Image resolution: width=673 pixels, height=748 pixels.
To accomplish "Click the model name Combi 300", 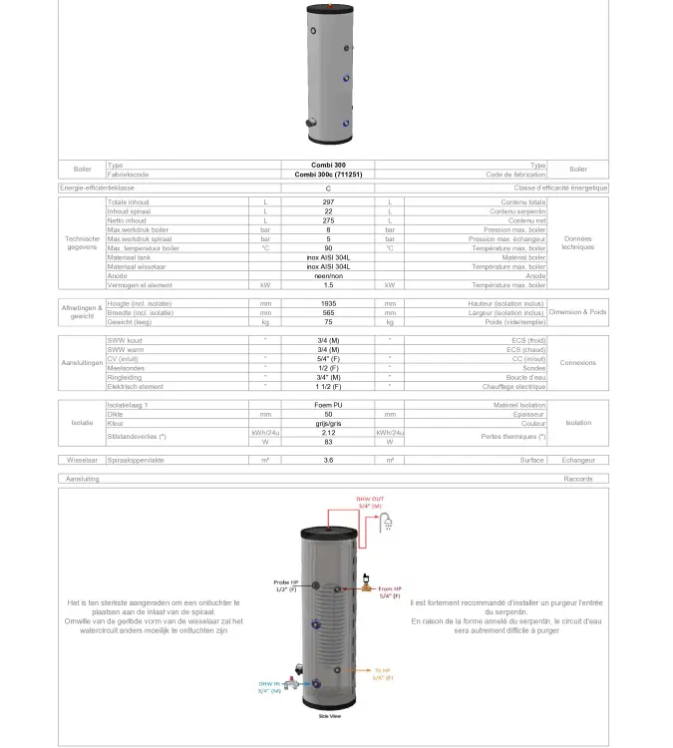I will tap(328, 166).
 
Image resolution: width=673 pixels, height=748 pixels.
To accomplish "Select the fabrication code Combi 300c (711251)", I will tap(328, 175).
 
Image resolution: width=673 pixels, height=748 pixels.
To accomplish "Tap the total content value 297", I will tap(328, 202).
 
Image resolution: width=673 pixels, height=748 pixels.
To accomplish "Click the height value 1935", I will tap(328, 303).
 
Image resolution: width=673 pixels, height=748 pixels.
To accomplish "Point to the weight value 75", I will tap(328, 322).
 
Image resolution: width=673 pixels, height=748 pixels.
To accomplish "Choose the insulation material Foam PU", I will tap(328, 405).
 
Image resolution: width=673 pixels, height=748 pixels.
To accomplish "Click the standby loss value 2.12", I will tap(328, 433).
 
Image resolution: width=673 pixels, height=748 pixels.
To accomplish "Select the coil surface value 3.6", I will tap(328, 460).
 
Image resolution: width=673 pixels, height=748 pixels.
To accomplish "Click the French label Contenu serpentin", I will tap(517, 211).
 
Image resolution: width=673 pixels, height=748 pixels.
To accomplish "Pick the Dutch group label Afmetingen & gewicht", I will tap(82, 312).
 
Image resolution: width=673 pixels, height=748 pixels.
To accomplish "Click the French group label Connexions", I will tap(577, 363).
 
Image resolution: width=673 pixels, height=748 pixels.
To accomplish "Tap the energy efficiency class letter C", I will tap(328, 187).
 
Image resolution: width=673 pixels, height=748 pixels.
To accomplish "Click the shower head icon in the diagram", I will tap(396, 520).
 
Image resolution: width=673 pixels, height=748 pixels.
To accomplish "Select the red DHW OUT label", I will tap(369, 502).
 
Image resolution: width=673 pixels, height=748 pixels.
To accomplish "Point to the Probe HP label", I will tap(286, 584).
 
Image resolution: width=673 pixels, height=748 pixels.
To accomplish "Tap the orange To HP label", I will tap(384, 673).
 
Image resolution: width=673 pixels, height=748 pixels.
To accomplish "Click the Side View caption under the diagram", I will tap(330, 716).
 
